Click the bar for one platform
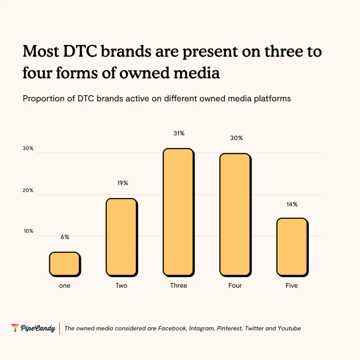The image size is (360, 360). [64, 264]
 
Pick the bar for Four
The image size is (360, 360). [235, 214]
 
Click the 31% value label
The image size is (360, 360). [179, 134]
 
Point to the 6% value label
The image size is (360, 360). [65, 237]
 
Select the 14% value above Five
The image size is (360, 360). [292, 204]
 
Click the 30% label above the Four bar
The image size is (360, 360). [236, 138]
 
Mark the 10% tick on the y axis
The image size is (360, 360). [28, 231]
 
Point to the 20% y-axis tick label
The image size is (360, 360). [28, 190]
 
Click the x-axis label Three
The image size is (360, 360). [179, 285]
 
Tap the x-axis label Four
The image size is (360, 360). [235, 285]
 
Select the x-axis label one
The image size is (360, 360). [65, 285]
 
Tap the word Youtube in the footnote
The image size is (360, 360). [289, 328]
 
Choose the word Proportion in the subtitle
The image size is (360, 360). [40, 98]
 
